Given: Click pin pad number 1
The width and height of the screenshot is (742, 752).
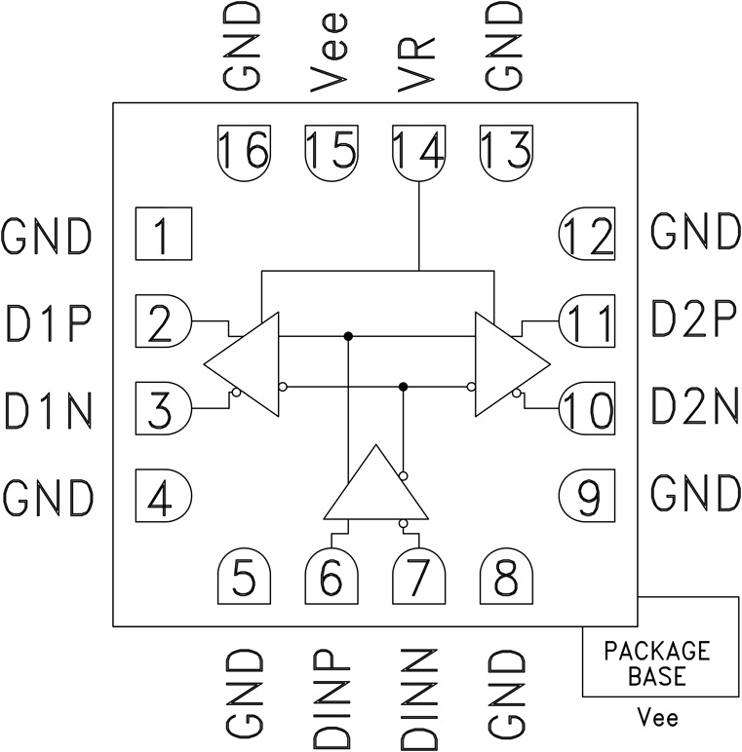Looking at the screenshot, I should click(x=162, y=235).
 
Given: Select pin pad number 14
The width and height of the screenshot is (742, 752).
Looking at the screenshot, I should click(x=418, y=151).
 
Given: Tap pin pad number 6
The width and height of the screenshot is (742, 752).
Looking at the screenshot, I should click(x=332, y=580).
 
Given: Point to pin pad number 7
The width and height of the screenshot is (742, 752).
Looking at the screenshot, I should click(x=418, y=580).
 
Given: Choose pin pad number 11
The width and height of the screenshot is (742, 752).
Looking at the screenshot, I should click(x=589, y=320).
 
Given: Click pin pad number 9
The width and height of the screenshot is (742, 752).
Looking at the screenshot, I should click(x=589, y=499).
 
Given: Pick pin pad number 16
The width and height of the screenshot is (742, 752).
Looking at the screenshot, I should click(x=243, y=151).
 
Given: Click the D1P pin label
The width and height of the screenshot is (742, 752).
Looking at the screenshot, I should click(x=48, y=320).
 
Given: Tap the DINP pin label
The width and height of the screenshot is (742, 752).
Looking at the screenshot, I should click(x=332, y=696).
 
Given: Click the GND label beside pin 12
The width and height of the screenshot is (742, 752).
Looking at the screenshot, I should click(x=695, y=234).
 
